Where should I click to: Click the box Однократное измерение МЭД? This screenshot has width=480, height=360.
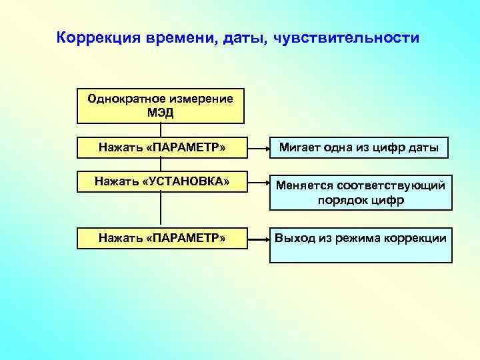click(x=161, y=106)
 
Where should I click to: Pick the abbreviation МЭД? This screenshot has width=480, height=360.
click(x=161, y=113)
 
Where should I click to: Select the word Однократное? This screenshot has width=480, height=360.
click(x=122, y=99)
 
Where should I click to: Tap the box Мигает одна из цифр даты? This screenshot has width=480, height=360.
click(x=359, y=147)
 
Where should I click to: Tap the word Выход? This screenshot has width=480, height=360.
click(x=293, y=238)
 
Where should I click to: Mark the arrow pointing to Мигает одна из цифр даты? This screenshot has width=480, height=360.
click(x=257, y=148)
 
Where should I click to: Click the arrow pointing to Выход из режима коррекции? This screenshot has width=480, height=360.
click(x=257, y=238)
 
